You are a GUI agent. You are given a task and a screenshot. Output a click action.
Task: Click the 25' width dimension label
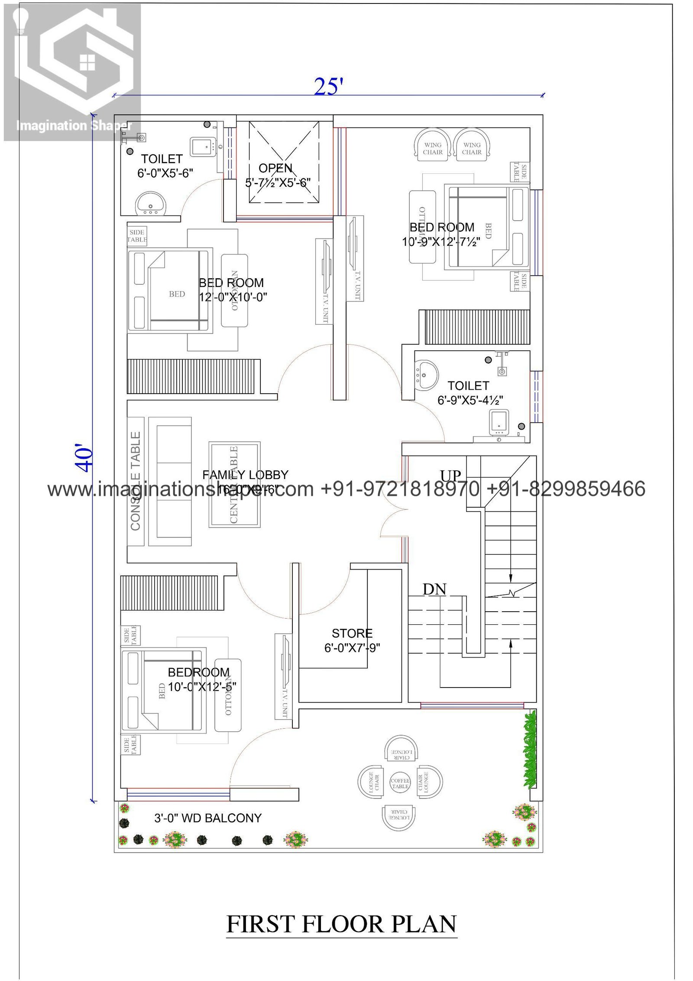coord(328,87)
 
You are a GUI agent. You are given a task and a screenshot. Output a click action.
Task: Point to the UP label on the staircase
coord(450,476)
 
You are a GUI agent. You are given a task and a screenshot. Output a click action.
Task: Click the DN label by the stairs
coord(434,590)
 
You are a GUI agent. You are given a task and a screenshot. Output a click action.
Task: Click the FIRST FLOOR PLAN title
coord(341,924)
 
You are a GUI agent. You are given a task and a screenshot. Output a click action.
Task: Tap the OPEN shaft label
coord(275,168)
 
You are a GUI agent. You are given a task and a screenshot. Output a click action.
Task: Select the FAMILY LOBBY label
coord(245,475)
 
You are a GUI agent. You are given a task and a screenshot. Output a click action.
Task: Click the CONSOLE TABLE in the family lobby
coord(136,481)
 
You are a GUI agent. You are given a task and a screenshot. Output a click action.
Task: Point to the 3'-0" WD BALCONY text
coord(208,818)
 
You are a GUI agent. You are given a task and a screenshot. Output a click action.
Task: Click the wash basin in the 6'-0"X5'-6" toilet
coord(150,203)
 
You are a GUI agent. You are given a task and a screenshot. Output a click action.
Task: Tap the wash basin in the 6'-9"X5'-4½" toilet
coord(426,375)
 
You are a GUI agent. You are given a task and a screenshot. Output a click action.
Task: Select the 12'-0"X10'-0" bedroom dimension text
coord(233,297)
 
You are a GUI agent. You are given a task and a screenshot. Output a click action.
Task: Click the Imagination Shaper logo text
coord(74,126)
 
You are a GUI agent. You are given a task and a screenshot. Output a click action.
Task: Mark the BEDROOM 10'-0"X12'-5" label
coord(199,672)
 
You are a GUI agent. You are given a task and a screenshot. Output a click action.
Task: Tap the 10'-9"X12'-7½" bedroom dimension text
coord(440,242)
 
